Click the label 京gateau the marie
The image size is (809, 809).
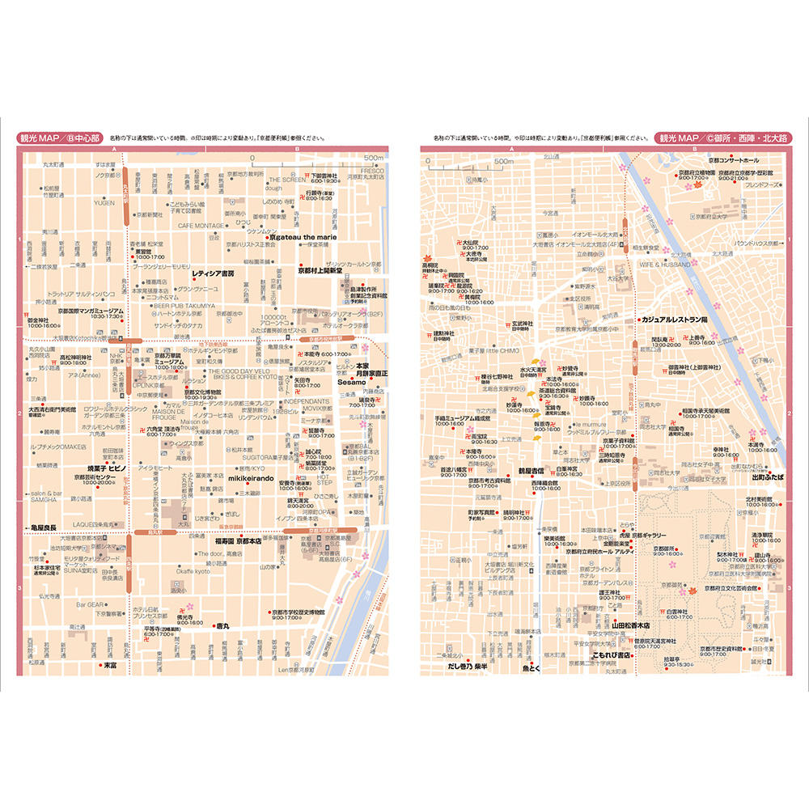click(305, 238)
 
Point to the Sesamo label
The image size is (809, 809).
click(351, 382)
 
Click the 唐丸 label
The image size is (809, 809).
click(222, 625)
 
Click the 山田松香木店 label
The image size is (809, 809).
click(636, 625)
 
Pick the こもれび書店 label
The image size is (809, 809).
click(614, 654)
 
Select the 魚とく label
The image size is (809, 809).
click(530, 669)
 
